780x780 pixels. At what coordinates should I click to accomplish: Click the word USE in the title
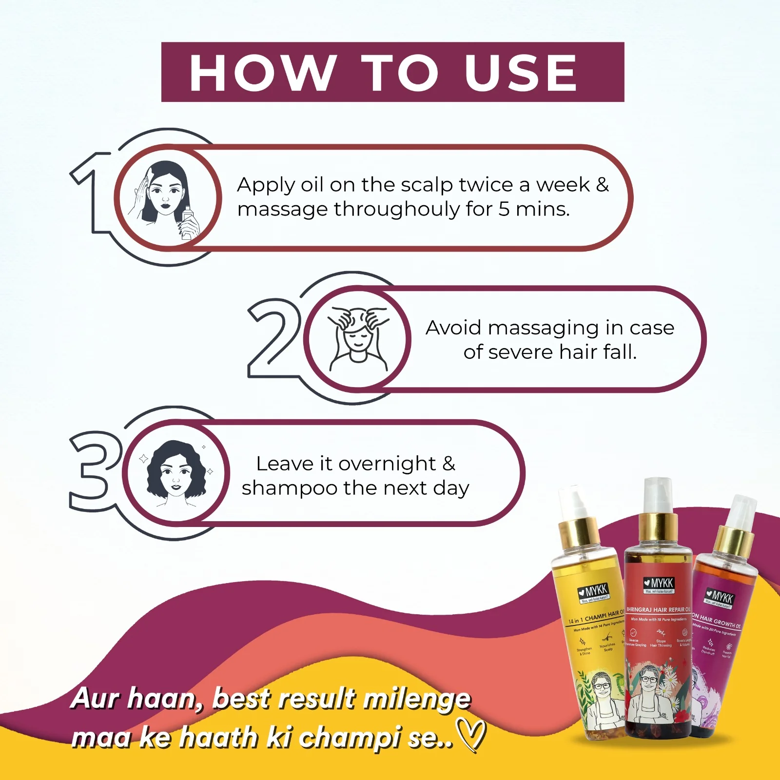(x=521, y=73)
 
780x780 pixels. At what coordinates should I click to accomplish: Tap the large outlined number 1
(x=93, y=193)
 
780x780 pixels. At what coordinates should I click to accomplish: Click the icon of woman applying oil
(x=166, y=197)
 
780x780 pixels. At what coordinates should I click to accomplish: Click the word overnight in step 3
(x=387, y=464)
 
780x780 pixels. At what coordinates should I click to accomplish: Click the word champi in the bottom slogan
(x=350, y=737)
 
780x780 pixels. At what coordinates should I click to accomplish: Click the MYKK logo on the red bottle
(x=659, y=583)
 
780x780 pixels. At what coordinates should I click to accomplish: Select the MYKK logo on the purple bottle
(x=720, y=598)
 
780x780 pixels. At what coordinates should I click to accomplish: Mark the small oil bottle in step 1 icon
(x=187, y=222)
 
